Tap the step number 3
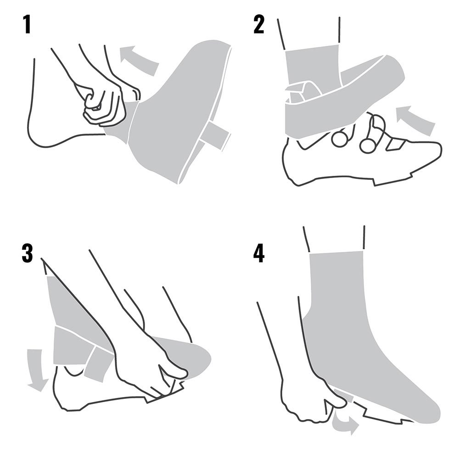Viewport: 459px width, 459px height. [x=27, y=253]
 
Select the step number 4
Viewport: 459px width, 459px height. [x=259, y=253]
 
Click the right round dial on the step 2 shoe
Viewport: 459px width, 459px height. [x=368, y=145]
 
